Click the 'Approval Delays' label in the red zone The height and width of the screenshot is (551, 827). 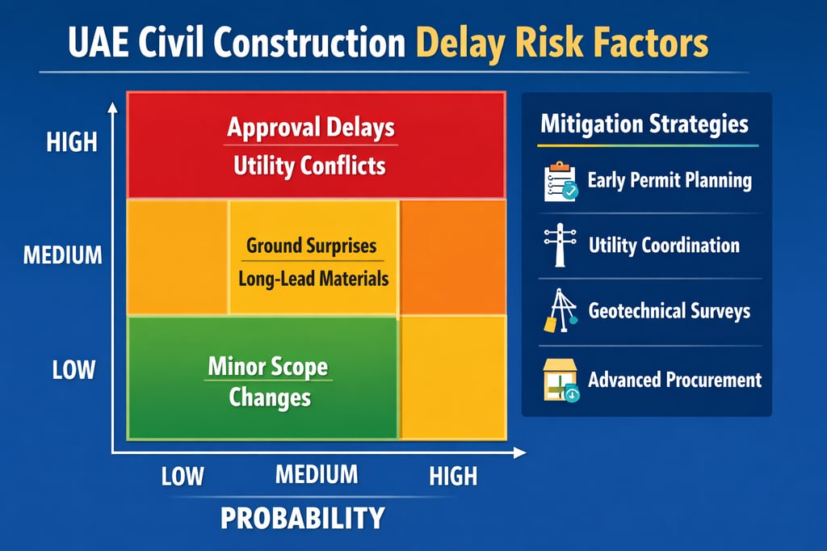[x=310, y=128]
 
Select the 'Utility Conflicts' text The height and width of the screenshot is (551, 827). [x=309, y=166]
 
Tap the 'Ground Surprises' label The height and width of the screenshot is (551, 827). [x=311, y=245]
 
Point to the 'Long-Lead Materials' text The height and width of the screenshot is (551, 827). [x=313, y=279]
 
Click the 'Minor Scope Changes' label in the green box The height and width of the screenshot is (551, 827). [x=269, y=381]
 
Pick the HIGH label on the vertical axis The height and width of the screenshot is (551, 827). [x=71, y=142]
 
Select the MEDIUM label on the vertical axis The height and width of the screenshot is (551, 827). [x=62, y=255]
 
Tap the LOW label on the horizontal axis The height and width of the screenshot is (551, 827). [x=183, y=476]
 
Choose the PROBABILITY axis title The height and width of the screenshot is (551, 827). [x=303, y=518]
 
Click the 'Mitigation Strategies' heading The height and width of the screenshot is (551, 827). [x=644, y=124]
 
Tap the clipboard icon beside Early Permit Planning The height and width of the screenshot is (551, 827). [x=560, y=181]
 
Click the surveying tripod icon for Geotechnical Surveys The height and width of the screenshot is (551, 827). [x=559, y=311]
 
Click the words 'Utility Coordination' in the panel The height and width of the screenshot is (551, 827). [x=664, y=245]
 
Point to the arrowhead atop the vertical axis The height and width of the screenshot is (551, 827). [x=114, y=107]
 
